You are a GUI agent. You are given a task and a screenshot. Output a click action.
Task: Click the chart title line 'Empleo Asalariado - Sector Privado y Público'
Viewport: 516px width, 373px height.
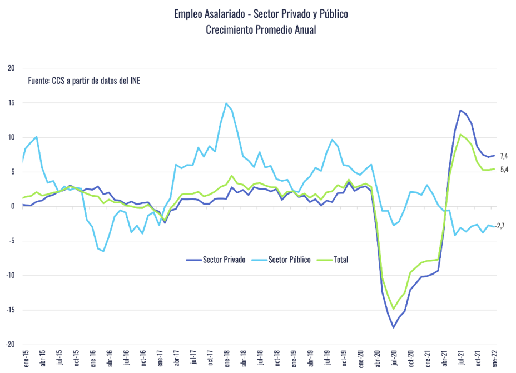[261, 13]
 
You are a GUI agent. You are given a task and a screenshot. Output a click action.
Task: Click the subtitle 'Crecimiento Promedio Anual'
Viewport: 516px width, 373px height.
[261, 29]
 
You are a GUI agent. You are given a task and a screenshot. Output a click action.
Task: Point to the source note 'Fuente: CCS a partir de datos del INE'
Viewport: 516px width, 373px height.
[84, 81]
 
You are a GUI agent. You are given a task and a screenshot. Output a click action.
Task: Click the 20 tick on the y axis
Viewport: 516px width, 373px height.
[11, 68]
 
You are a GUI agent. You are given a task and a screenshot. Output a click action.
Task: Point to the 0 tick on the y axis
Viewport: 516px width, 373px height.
[12, 206]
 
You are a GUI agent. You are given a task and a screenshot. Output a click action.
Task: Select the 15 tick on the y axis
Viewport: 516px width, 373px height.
[11, 103]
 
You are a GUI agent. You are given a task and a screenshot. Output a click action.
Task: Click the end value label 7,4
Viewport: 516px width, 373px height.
[504, 156]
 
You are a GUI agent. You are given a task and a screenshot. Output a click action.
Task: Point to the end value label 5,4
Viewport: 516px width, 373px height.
[504, 170]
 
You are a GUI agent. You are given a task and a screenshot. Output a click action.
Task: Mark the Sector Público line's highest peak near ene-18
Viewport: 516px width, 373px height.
[226, 103]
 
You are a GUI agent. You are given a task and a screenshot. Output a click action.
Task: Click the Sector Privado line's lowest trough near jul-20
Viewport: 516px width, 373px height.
[394, 327]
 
